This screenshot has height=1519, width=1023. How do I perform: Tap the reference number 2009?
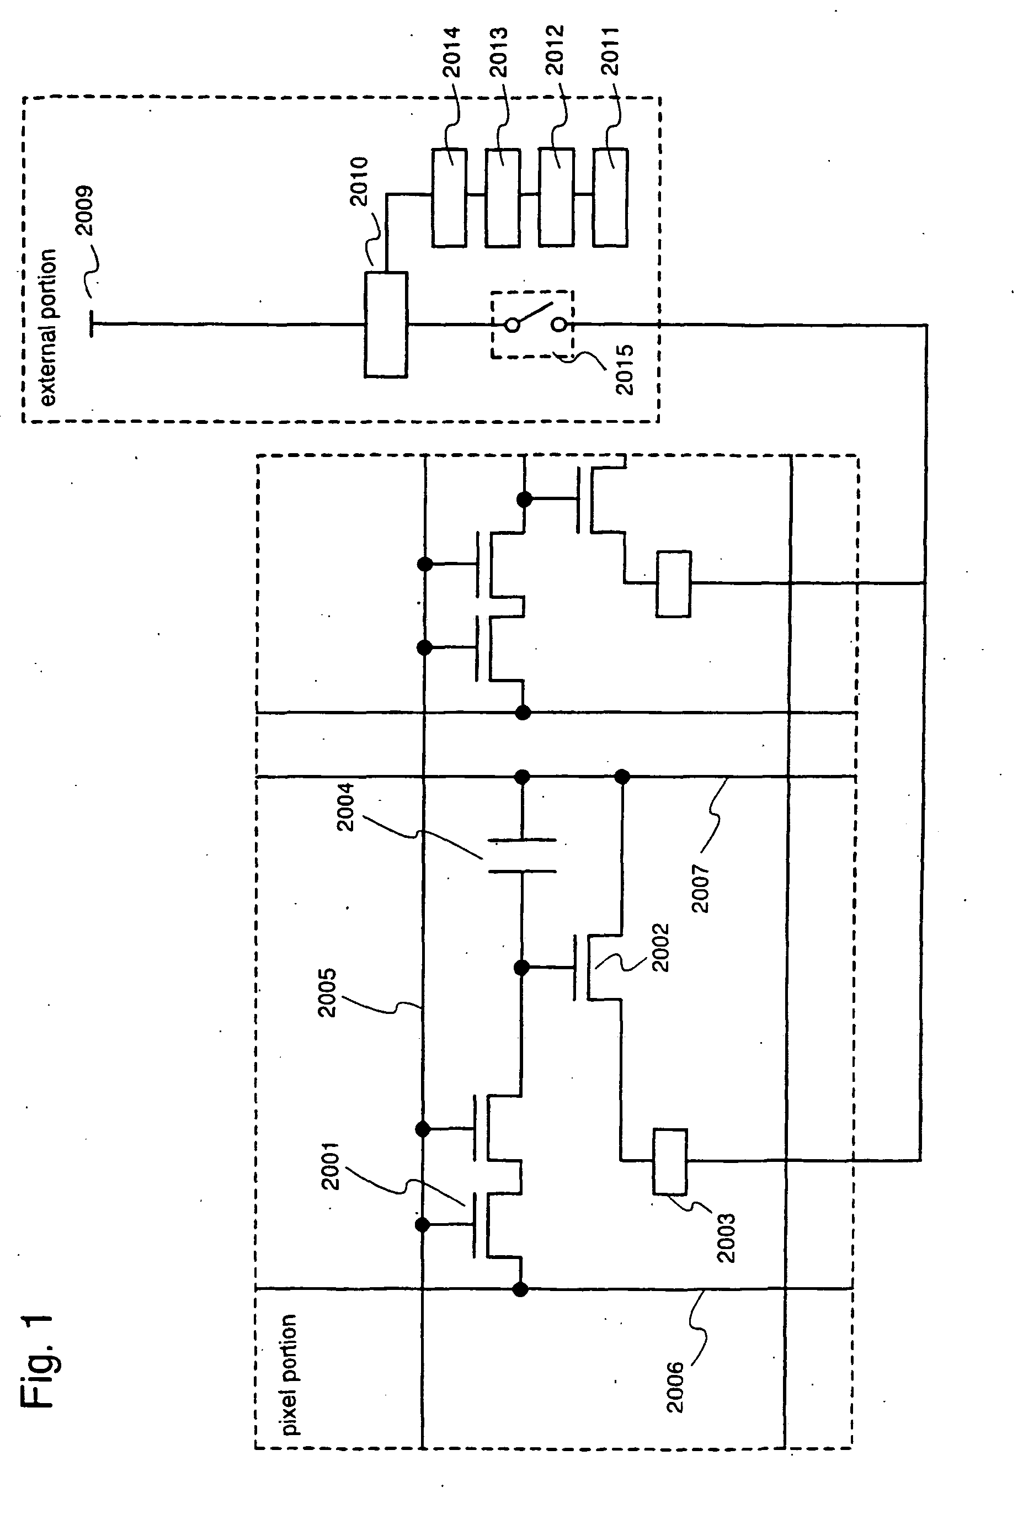pyautogui.click(x=83, y=211)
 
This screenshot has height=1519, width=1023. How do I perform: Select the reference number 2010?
pyautogui.click(x=358, y=182)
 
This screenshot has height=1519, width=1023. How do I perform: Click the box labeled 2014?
pyautogui.click(x=450, y=197)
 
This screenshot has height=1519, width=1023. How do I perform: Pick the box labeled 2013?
pyautogui.click(x=503, y=197)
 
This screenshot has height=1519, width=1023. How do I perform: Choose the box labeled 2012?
pyautogui.click(x=557, y=197)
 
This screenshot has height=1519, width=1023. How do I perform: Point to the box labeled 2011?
pyautogui.click(x=611, y=197)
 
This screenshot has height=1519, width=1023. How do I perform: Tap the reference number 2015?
pyautogui.click(x=625, y=369)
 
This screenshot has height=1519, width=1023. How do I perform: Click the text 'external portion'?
pyautogui.click(x=47, y=327)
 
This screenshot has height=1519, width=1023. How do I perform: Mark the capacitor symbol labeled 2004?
pyautogui.click(x=522, y=856)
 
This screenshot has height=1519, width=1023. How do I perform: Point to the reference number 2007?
pyautogui.click(x=700, y=888)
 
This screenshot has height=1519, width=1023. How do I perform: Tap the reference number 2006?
pyautogui.click(x=675, y=1387)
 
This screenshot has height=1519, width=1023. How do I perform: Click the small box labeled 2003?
pyautogui.click(x=670, y=1161)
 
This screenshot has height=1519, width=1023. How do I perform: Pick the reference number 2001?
pyautogui.click(x=331, y=1166)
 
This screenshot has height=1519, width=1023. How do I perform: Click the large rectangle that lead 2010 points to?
pyautogui.click(x=386, y=325)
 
